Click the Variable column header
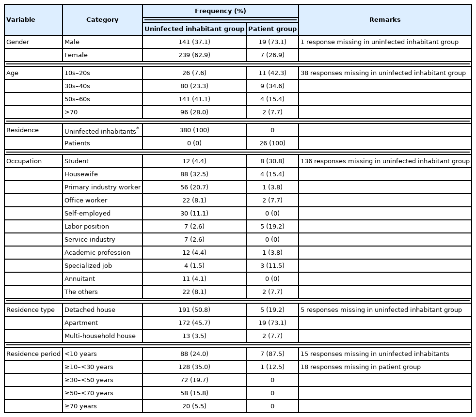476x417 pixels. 21,20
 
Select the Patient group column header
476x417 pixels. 272,29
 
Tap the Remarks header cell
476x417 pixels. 385,20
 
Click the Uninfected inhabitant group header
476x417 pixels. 194,29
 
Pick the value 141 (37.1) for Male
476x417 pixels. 194,42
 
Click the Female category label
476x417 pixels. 76,55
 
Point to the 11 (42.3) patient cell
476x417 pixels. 272,73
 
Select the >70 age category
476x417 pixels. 71,112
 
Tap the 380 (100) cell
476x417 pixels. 194,130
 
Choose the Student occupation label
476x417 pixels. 77,161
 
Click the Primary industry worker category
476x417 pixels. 102,187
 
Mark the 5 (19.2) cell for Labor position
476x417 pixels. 272,227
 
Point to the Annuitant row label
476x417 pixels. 79,279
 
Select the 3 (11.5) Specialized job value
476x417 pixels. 272,266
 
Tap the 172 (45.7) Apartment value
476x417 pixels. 194,323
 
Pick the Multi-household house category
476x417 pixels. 100,336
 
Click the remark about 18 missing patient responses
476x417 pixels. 361,367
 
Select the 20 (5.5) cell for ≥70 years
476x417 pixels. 194,406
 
